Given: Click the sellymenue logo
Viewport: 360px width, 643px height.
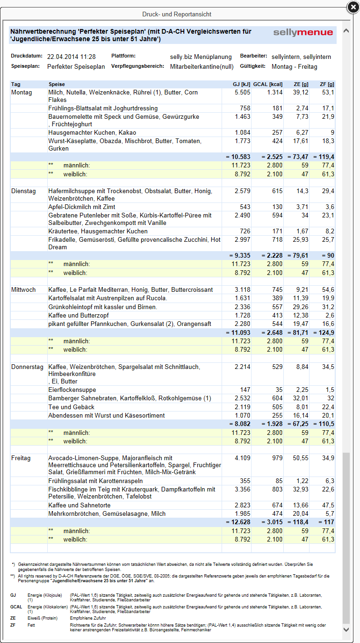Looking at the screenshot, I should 303,33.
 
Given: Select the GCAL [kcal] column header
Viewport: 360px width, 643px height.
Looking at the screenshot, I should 268,85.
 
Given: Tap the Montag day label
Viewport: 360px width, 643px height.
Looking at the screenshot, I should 22,93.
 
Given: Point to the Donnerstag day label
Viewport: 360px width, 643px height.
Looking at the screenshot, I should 27,367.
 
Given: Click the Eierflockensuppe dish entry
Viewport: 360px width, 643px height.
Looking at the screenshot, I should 72,390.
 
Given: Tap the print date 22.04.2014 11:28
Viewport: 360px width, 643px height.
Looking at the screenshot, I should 72,57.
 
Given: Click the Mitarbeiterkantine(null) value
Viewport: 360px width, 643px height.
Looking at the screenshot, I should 202,67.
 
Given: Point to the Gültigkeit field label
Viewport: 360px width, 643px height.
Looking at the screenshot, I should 253,66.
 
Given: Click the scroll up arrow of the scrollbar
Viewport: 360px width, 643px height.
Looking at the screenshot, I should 346,31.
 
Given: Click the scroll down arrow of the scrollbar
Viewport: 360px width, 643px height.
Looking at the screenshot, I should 346,630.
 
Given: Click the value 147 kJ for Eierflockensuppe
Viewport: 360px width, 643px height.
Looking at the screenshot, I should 245,390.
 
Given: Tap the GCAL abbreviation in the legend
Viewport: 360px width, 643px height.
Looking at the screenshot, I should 16,607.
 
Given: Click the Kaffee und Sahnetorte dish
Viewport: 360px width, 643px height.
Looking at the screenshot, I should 79,505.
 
